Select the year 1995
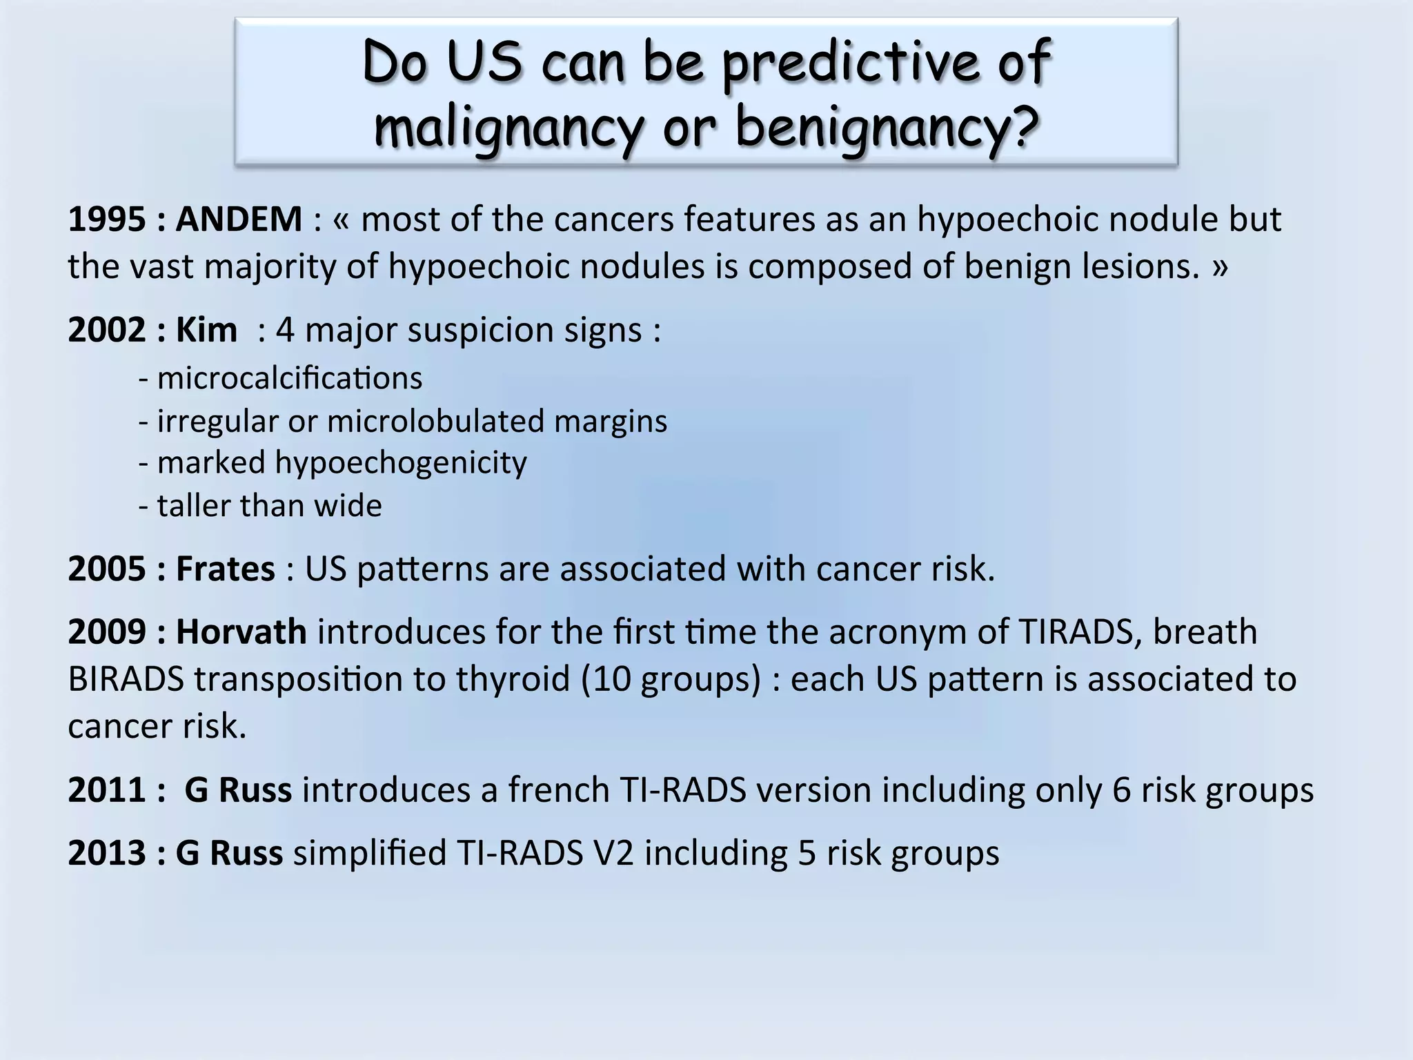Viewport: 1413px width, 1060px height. click(x=107, y=219)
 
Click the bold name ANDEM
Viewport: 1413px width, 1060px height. click(x=239, y=219)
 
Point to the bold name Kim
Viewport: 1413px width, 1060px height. click(x=206, y=330)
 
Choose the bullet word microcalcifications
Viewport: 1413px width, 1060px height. click(x=290, y=379)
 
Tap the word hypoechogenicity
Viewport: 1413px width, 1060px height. click(x=401, y=463)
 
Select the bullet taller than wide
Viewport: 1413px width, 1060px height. click(x=269, y=506)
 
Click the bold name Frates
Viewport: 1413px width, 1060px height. click(x=225, y=569)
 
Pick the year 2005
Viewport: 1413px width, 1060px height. click(x=107, y=569)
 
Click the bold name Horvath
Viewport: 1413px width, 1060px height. click(x=241, y=632)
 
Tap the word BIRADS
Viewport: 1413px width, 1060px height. click(x=126, y=679)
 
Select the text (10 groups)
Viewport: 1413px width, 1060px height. click(x=670, y=679)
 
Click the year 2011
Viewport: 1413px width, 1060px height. click(x=107, y=790)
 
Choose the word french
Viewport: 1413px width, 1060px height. click(x=558, y=790)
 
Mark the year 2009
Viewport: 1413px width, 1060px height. click(x=107, y=632)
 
